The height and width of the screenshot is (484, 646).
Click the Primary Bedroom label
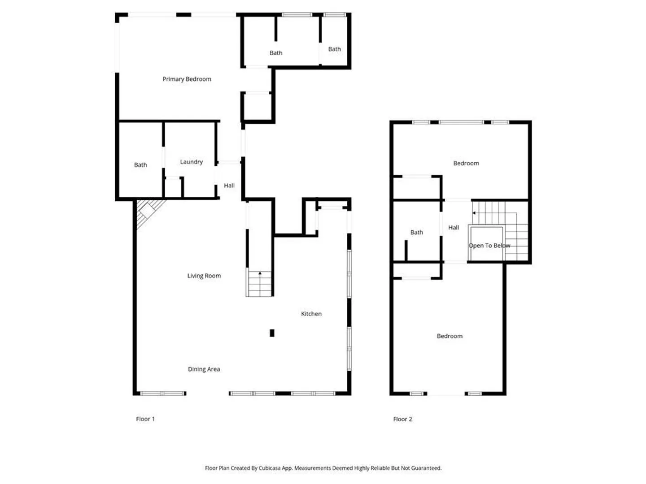[x=187, y=79]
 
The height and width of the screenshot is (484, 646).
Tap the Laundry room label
[x=191, y=162]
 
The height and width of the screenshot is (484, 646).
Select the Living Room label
[x=204, y=276]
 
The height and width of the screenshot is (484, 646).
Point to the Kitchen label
[x=311, y=314]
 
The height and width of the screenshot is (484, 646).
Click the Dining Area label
[x=204, y=369]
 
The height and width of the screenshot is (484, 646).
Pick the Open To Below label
[x=489, y=246]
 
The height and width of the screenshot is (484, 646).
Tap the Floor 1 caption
[x=145, y=419]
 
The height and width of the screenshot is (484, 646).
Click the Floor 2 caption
[x=402, y=419]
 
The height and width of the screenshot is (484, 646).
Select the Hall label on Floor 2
[x=454, y=228]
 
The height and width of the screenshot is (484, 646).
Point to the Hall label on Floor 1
[x=229, y=186]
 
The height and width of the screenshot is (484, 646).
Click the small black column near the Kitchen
[x=272, y=333]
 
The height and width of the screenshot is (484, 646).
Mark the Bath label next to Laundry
[x=140, y=165]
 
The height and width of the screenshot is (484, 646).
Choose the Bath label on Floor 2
[x=416, y=233]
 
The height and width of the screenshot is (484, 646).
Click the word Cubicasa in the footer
[x=270, y=468]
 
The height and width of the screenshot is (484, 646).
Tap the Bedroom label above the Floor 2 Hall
[x=466, y=163]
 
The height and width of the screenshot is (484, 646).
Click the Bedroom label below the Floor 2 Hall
[x=450, y=336]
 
